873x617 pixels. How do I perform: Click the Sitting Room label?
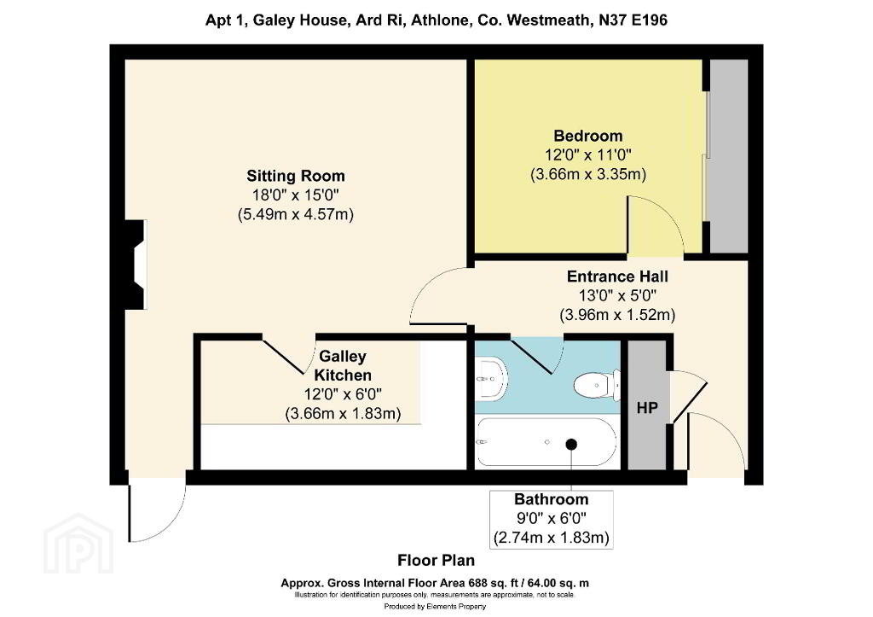point(296,176)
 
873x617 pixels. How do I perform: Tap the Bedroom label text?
point(588,136)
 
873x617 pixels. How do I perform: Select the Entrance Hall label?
point(617,276)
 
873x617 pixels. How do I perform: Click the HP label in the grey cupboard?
point(647,408)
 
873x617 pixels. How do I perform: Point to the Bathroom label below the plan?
point(552,499)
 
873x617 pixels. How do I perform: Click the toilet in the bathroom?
point(597,385)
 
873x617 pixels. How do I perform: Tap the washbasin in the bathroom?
point(491,379)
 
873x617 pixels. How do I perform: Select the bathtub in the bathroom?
point(546,442)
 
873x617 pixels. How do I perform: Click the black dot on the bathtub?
point(571,445)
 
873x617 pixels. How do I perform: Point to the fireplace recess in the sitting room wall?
point(136,265)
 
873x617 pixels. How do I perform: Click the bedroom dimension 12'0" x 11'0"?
point(588,155)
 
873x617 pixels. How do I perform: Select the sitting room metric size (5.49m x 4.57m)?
point(296,214)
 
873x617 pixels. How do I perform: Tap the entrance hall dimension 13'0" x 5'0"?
point(617,296)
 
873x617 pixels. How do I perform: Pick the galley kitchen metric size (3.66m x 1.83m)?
point(343,414)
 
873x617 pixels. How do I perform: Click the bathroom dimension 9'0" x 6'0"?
point(552,519)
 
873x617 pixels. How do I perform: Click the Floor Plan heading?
point(436,560)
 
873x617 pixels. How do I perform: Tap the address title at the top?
point(436,20)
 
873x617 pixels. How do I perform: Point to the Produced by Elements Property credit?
point(435,607)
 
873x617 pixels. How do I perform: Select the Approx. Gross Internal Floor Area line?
point(435,584)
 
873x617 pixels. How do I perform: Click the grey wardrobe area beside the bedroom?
point(729,156)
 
